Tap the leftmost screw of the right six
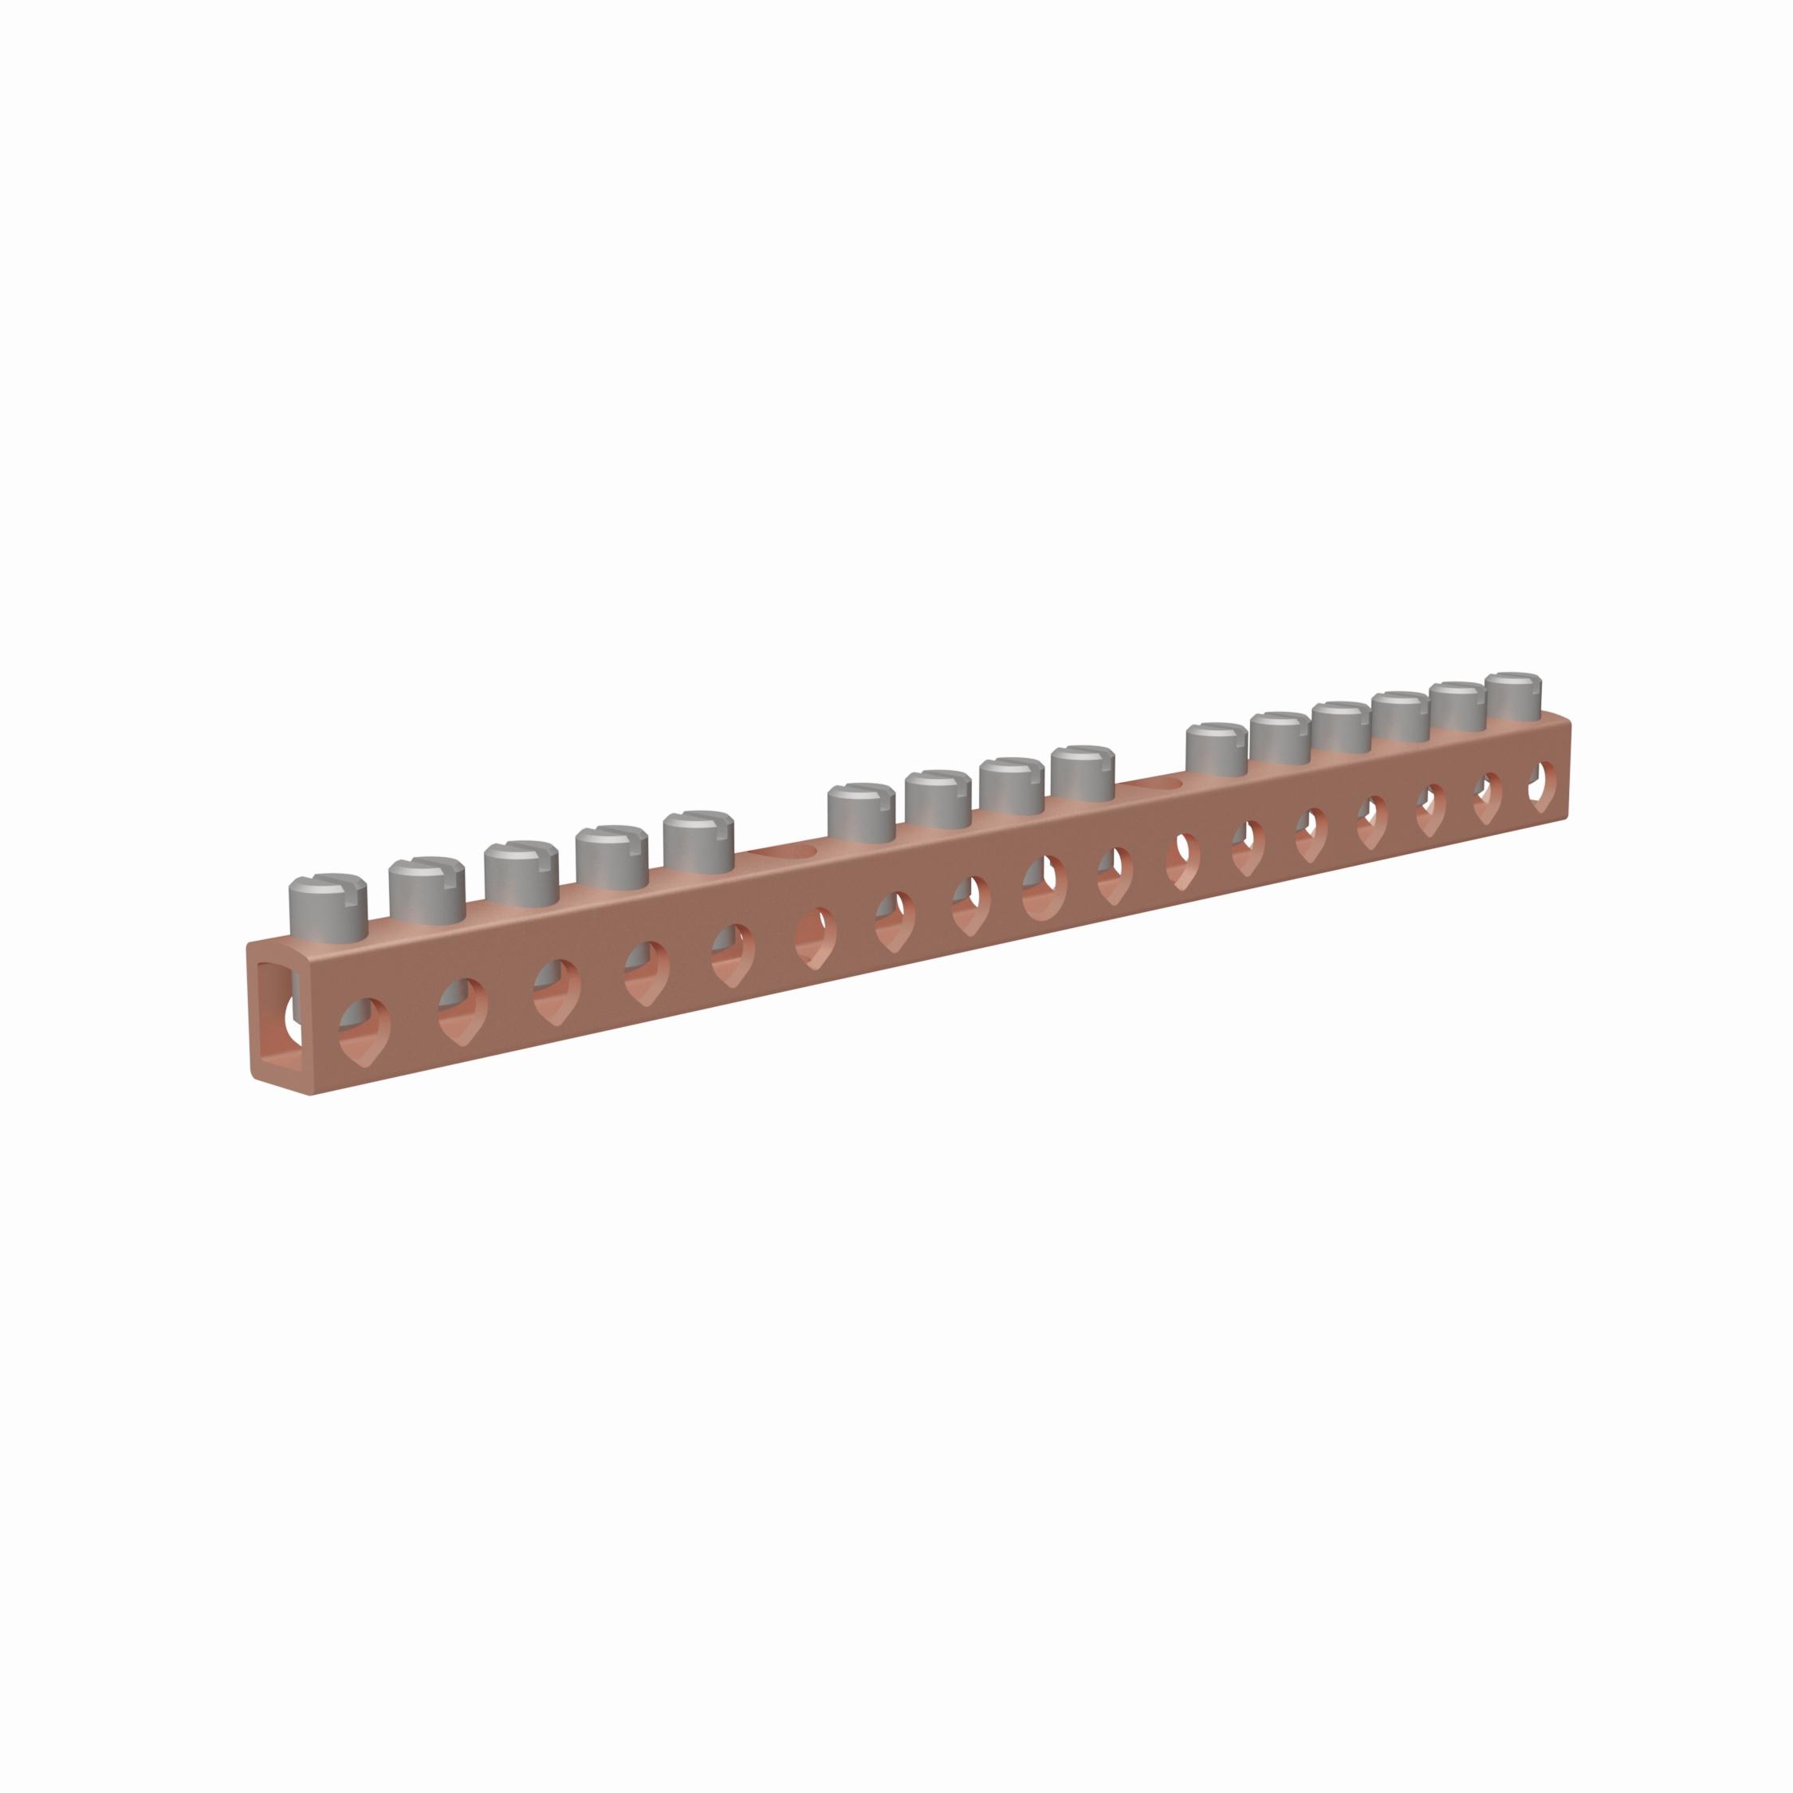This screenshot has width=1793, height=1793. point(1216,750)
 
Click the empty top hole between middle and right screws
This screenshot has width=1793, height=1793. point(1150,785)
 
